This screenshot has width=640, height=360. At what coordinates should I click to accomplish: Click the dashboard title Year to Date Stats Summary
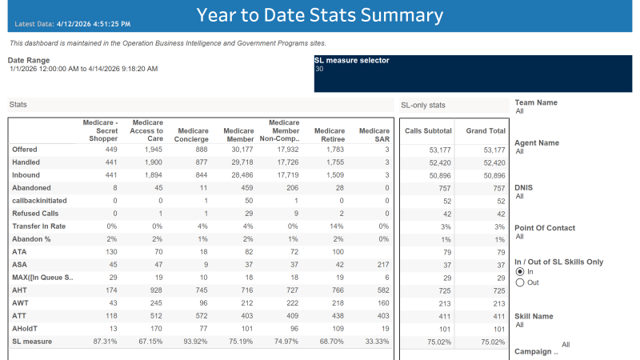click(319, 15)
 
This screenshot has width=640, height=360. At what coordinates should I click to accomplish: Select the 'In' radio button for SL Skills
click(520, 272)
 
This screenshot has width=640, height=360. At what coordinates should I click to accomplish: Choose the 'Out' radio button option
click(520, 282)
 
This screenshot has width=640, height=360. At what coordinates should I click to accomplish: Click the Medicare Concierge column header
click(193, 134)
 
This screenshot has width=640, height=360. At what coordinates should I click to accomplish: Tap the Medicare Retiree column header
click(329, 134)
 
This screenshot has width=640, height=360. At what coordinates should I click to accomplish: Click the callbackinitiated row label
click(39, 200)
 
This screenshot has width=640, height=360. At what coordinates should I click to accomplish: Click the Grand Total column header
click(486, 130)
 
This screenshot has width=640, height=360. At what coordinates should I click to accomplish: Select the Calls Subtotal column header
click(428, 130)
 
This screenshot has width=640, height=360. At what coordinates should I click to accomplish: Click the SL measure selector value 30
click(319, 69)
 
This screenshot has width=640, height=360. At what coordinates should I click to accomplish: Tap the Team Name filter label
click(536, 102)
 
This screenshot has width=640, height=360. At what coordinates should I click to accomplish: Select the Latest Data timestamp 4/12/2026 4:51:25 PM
click(98, 25)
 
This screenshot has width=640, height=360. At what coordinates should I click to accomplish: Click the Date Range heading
click(29, 60)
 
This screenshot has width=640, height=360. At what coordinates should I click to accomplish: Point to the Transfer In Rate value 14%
click(338, 226)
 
